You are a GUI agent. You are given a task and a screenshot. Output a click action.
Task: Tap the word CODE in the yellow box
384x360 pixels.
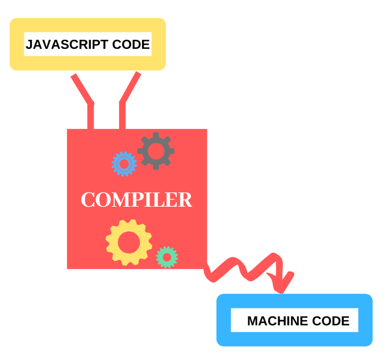[132, 44]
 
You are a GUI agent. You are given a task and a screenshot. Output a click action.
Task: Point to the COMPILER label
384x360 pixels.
[136, 200]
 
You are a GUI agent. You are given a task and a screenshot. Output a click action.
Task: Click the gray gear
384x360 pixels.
[156, 150]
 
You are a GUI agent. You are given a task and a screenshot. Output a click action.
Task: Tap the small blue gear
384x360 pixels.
[124, 164]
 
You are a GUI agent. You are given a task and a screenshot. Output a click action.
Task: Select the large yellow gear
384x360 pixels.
[129, 242]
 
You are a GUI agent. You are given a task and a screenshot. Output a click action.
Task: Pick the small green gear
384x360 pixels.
[167, 257]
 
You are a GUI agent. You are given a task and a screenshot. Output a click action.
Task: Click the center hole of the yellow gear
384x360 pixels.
[129, 242]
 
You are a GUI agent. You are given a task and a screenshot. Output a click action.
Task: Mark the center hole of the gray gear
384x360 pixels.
[156, 150]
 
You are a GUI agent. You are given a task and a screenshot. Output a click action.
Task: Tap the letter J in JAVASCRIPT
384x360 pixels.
[30, 44]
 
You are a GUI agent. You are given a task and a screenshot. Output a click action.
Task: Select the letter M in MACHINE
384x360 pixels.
[253, 321]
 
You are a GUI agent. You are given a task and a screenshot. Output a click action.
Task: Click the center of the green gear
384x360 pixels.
[167, 257]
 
